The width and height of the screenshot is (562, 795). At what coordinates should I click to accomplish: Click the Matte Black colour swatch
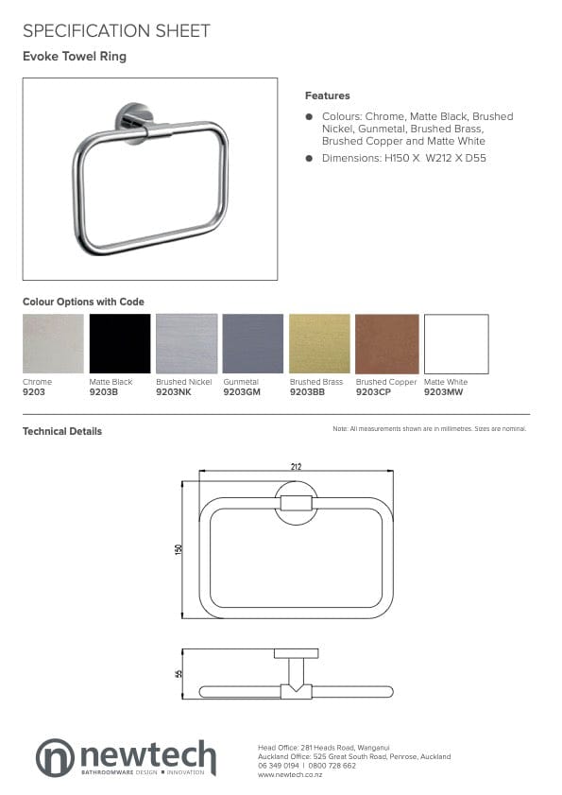[x=120, y=343]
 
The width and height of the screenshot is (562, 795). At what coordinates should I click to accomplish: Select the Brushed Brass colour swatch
[x=319, y=343]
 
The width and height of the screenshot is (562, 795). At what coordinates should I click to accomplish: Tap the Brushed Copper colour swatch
[x=386, y=343]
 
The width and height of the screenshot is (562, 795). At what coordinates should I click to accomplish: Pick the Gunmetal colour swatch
[x=252, y=343]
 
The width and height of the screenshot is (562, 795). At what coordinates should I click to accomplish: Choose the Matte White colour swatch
[x=455, y=343]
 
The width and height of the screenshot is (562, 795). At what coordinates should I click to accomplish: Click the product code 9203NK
[x=172, y=390]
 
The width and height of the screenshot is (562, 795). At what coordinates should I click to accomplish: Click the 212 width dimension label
[x=297, y=466]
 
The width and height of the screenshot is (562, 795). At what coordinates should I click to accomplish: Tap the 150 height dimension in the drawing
[x=178, y=549]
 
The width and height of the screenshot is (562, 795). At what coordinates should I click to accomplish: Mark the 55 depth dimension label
[x=178, y=673]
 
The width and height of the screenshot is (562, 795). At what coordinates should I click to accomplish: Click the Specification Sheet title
[x=116, y=31]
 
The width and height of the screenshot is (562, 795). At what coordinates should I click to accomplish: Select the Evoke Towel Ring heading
[x=75, y=57]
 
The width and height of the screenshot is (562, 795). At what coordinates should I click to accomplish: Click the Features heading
[x=327, y=95]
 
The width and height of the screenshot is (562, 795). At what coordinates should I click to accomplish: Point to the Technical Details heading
[x=62, y=431]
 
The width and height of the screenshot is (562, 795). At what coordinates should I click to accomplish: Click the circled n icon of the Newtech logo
[x=54, y=757]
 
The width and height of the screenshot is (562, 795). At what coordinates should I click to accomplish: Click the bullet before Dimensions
[x=309, y=158]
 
